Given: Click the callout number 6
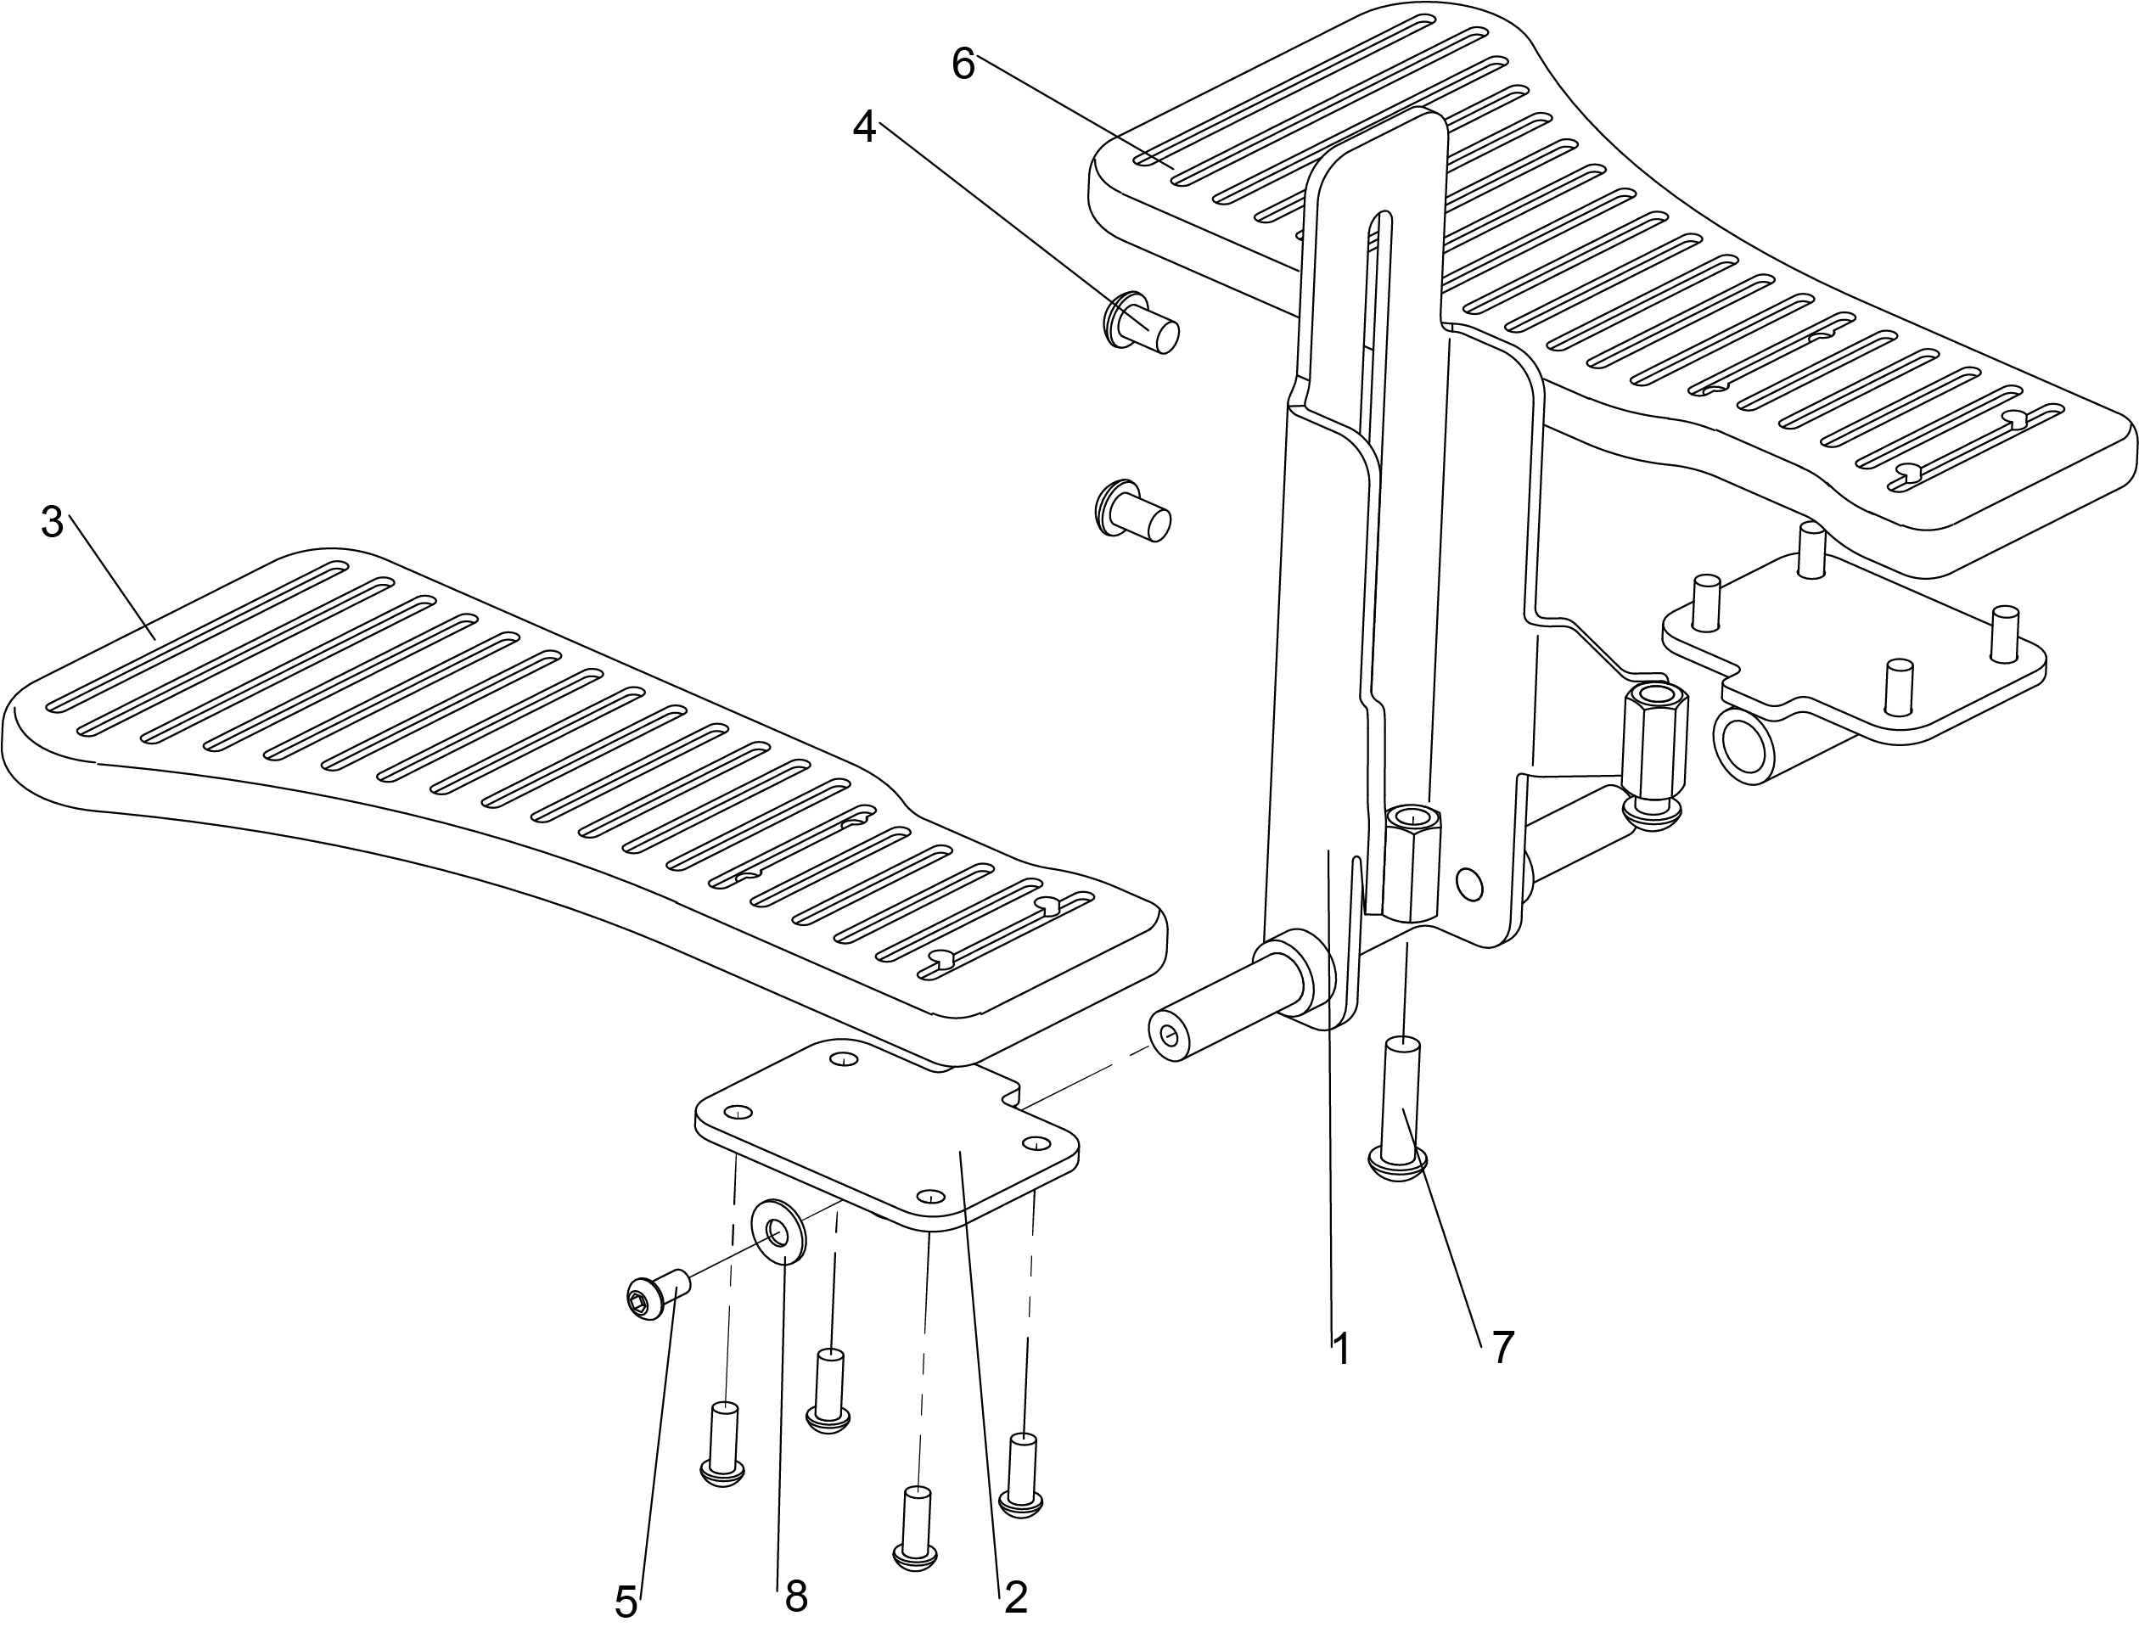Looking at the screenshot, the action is [x=963, y=65].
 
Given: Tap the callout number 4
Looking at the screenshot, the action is [x=864, y=127].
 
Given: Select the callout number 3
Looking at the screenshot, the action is [x=53, y=523].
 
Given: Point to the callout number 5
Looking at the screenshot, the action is [x=626, y=1602].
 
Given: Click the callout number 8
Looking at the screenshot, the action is [x=796, y=1596].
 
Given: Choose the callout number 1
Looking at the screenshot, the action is [x=1341, y=1350].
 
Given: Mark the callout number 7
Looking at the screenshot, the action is [x=1503, y=1347].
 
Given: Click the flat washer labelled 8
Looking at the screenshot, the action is [x=778, y=1232].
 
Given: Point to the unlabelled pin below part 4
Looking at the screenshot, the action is [x=1133, y=509].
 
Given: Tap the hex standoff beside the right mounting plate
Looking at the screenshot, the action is [x=1654, y=742].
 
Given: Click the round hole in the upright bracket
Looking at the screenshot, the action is [x=1471, y=884].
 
